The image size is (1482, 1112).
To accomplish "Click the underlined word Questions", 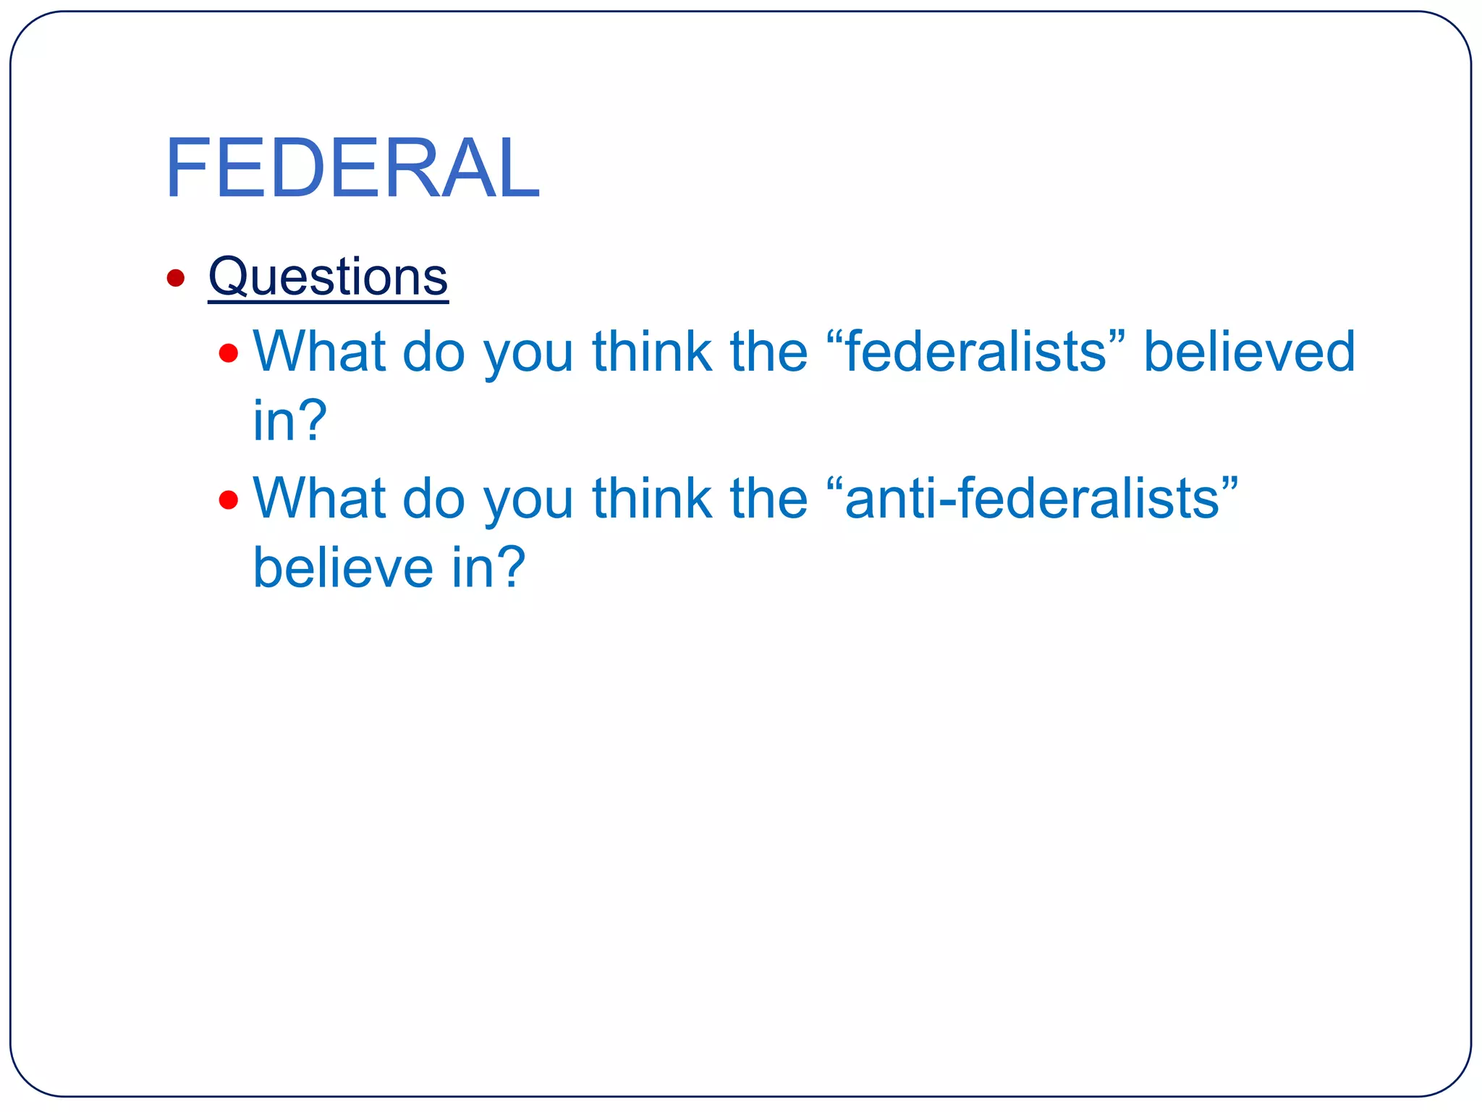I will [x=328, y=277].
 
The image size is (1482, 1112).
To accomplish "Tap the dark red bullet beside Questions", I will [x=176, y=278].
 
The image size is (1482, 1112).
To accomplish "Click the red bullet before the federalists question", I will [x=229, y=353].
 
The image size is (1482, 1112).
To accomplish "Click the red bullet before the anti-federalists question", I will [x=229, y=500].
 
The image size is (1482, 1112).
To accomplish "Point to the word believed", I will [x=1249, y=352].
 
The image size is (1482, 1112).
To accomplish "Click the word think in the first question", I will [x=652, y=352].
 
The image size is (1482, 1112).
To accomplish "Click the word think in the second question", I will [x=652, y=498].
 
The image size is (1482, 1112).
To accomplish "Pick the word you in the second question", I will [x=528, y=502].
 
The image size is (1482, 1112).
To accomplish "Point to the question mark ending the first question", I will [x=312, y=421].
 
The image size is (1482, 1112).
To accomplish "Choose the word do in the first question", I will [x=433, y=352].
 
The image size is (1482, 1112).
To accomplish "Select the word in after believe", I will [x=467, y=568].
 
